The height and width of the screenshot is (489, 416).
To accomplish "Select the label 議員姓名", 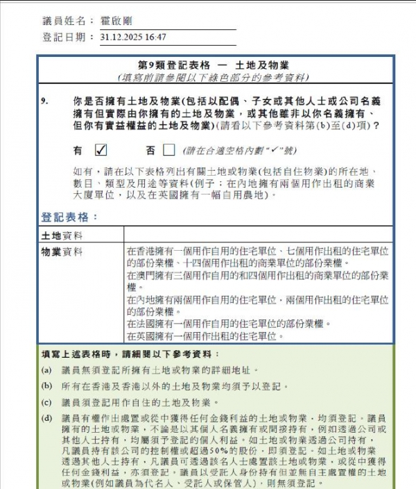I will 68,22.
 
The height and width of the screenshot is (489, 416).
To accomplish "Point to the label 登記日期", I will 68,37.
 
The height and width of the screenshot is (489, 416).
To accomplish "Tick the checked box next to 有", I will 100,149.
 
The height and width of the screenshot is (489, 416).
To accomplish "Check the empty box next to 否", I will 168,149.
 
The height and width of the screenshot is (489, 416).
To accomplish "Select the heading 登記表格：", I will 69,217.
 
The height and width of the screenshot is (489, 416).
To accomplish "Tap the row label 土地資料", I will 62,235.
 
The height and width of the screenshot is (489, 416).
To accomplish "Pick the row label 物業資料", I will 62,251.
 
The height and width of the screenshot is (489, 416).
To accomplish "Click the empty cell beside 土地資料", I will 257,235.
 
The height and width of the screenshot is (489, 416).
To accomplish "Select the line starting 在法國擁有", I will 225,324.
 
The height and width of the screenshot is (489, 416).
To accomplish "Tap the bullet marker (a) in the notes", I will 46,370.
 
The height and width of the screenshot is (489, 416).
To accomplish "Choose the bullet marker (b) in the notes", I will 46,386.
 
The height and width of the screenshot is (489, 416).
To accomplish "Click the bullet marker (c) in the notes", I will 46,401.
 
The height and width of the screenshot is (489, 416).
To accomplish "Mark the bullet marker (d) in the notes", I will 46,417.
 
